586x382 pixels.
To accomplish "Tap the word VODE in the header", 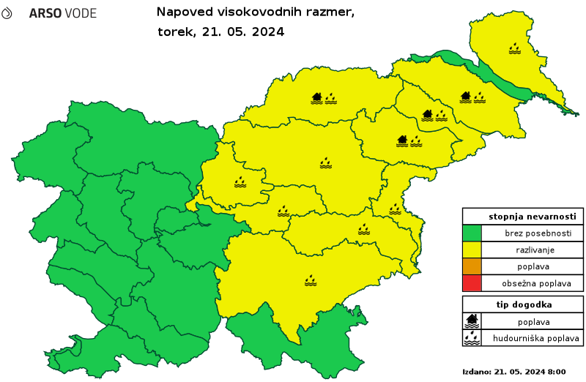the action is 80,14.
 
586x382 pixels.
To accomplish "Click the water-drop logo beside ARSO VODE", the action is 7,13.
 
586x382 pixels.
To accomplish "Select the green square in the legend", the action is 472,233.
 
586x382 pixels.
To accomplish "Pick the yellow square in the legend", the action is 472,250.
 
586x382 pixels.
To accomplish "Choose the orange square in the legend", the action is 472,266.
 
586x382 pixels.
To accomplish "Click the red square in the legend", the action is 472,282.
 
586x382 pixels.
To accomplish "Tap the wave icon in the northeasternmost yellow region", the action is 515,48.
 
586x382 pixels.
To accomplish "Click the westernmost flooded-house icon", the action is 316,97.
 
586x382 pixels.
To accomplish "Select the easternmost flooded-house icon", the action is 465,97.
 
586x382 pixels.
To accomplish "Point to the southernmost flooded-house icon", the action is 401,141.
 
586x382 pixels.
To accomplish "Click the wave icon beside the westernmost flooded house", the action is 330,97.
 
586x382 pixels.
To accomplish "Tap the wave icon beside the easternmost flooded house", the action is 479,97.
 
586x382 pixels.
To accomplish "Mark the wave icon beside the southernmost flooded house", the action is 415,141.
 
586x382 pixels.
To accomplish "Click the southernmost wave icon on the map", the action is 311,280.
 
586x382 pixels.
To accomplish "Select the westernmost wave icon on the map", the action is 240,181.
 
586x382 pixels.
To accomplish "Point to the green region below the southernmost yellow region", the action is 293,344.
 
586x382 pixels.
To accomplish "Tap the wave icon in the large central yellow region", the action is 325,162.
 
